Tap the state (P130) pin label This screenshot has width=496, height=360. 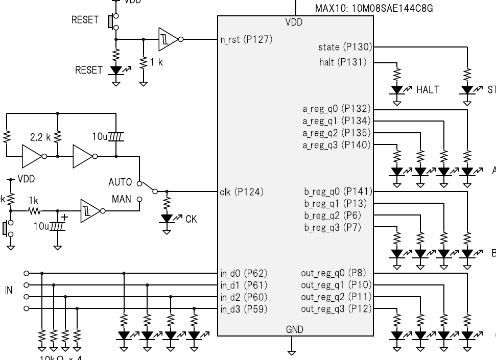(x=345, y=47)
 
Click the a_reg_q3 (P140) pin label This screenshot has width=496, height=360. (x=337, y=145)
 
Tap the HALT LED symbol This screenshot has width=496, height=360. (x=397, y=90)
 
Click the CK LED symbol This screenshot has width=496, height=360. (x=167, y=219)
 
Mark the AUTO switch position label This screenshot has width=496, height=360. (x=120, y=182)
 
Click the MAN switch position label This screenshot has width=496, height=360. (x=122, y=199)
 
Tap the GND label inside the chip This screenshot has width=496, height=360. (x=295, y=330)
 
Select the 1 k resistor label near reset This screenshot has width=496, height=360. (x=156, y=62)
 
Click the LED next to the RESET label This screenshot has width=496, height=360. (x=116, y=70)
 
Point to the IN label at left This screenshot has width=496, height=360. (x=9, y=290)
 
